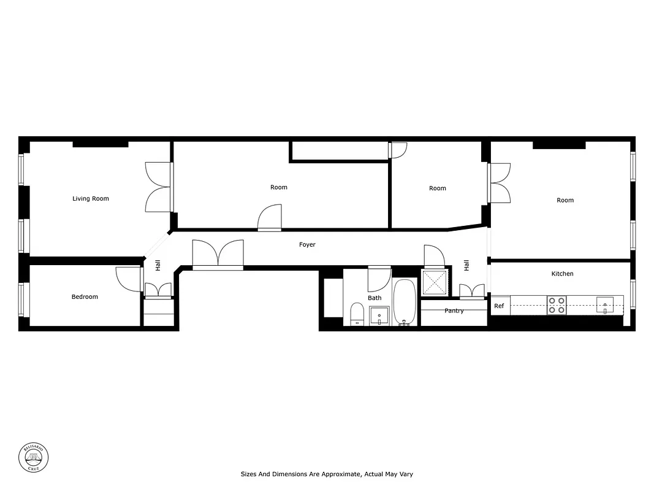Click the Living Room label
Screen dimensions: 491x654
pos(90,199)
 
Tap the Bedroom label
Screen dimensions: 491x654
pos(85,297)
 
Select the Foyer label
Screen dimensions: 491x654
pos(307,245)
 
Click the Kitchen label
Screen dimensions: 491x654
pos(562,274)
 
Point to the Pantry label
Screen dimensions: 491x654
pos(454,311)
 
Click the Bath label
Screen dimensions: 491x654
pos(375,298)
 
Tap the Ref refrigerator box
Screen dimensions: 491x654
pos(500,306)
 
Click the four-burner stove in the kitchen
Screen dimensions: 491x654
pos(557,305)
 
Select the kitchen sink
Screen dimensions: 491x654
pos(605,304)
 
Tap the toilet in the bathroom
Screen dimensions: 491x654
pos(357,314)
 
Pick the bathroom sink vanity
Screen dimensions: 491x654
pos(379,316)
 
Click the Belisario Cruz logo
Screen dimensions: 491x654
pos(33,458)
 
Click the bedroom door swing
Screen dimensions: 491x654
pos(129,278)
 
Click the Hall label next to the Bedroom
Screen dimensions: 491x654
pos(158,265)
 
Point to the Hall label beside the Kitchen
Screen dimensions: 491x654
pos(466,265)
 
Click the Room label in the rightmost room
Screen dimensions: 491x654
pos(565,200)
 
